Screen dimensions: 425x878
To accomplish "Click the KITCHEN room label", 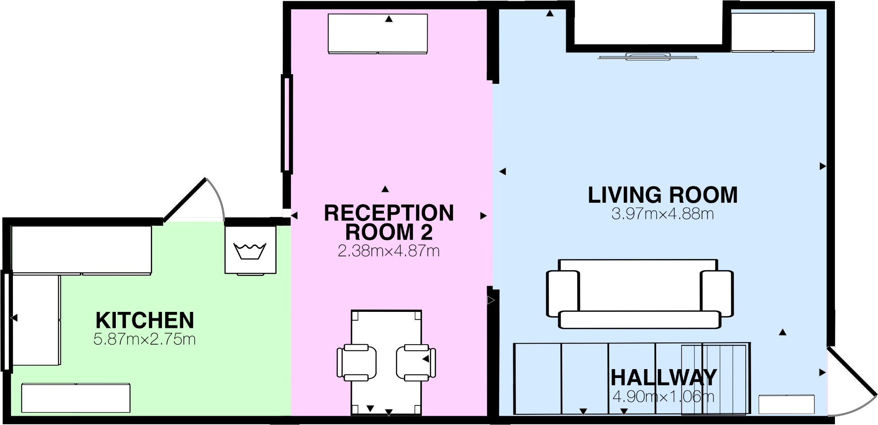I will pos(145,320).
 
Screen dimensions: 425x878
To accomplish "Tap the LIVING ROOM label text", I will pos(662,195).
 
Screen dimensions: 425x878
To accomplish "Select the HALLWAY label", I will pos(663,378).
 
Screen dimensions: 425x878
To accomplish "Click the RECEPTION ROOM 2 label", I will pos(389,222).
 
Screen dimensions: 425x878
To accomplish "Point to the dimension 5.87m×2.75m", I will pos(145,339).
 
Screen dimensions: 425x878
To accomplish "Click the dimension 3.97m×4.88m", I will pos(662,214).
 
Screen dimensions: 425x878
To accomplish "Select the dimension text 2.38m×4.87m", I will pos(389,251).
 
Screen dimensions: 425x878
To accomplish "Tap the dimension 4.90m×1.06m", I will pos(663,396).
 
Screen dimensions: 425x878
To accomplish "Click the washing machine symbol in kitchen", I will pos(250,251).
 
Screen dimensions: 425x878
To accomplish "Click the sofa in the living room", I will pos(639,294).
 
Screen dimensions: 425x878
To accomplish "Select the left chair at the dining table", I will pos(356,362).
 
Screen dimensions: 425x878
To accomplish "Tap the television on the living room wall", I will pos(648,56).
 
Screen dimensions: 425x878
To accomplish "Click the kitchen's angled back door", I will pos(185,199).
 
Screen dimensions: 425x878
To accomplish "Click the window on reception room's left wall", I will pos(287,123).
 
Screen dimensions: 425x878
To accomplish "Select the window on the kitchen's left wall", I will pos(6,320).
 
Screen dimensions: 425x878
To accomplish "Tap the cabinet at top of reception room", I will pos(378,34).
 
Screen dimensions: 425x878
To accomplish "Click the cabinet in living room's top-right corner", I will pos(772,32).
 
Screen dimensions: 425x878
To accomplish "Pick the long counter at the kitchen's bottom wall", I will pos(76,398).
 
